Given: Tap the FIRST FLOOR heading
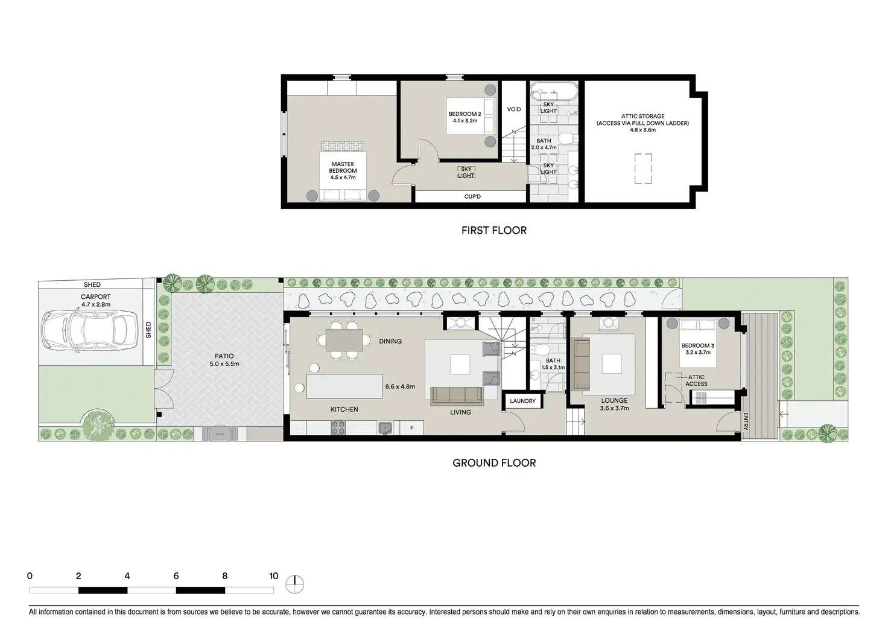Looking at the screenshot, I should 493,231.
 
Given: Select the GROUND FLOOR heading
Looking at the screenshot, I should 493,463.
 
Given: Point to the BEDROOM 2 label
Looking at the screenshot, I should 465,117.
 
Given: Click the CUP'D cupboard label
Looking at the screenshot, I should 472,197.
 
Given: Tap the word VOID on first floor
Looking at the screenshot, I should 513,109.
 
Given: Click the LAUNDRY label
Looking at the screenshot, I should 522,401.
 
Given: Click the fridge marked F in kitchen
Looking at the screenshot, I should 411,428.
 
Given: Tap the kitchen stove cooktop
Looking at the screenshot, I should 338,428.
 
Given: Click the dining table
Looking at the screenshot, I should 344,340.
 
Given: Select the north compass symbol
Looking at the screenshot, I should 296,584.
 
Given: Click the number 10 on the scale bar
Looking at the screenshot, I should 273,576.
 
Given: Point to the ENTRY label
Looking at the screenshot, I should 746,421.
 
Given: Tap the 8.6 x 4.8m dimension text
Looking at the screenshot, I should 399,386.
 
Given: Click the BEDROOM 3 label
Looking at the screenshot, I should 698,349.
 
